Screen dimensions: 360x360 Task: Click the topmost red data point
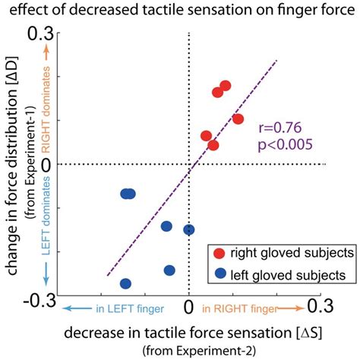point(225,86)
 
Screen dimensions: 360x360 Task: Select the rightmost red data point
point(238,118)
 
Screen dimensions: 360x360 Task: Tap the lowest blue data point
point(126,283)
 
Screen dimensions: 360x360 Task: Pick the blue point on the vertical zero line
point(189,229)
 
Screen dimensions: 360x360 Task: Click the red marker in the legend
point(219,252)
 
